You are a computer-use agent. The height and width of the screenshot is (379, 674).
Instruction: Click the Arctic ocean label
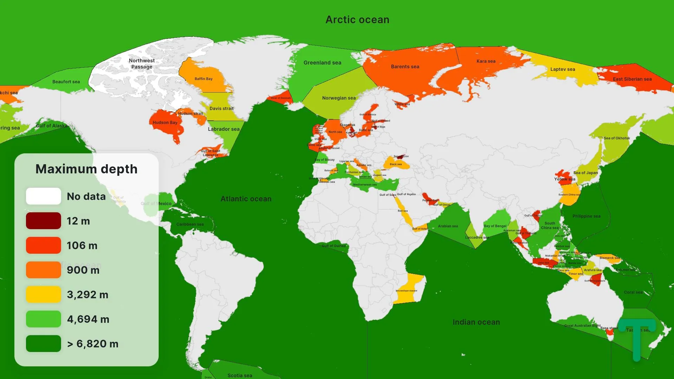pyautogui.click(x=357, y=20)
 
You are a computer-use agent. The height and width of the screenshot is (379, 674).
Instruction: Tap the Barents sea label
pyautogui.click(x=405, y=67)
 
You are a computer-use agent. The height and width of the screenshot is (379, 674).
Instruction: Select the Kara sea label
pyautogui.click(x=486, y=61)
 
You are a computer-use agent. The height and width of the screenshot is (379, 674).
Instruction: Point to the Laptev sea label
pyautogui.click(x=563, y=69)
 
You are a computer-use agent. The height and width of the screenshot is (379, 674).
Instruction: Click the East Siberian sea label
pyautogui.click(x=632, y=79)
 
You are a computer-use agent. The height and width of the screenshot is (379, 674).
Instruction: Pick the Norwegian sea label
pyautogui.click(x=339, y=98)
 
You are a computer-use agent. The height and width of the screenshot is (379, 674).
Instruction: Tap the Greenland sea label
pyautogui.click(x=322, y=62)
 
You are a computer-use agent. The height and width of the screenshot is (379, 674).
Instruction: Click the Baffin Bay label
pyautogui.click(x=204, y=79)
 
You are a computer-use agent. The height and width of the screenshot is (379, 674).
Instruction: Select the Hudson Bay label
pyautogui.click(x=165, y=122)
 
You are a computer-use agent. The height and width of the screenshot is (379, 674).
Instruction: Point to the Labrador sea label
pyautogui.click(x=224, y=129)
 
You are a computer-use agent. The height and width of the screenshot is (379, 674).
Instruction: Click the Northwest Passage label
pyautogui.click(x=142, y=64)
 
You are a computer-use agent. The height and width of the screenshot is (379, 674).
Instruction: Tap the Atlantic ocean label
pyautogui.click(x=246, y=199)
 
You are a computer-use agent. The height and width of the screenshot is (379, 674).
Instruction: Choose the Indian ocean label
pyautogui.click(x=476, y=322)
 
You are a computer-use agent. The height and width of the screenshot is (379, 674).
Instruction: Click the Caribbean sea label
pyautogui.click(x=190, y=224)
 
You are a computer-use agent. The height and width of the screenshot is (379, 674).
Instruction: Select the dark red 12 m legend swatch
pyautogui.click(x=44, y=221)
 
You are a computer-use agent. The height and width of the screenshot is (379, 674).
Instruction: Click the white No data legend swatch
pyautogui.click(x=44, y=196)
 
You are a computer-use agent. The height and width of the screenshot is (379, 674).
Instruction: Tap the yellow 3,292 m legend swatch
pyautogui.click(x=44, y=294)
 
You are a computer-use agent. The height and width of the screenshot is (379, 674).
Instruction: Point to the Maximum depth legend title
pyautogui.click(x=86, y=169)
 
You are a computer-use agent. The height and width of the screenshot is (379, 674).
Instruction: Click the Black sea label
pyautogui.click(x=396, y=164)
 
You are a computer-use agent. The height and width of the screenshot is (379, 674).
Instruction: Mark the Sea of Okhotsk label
pyautogui.click(x=617, y=138)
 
